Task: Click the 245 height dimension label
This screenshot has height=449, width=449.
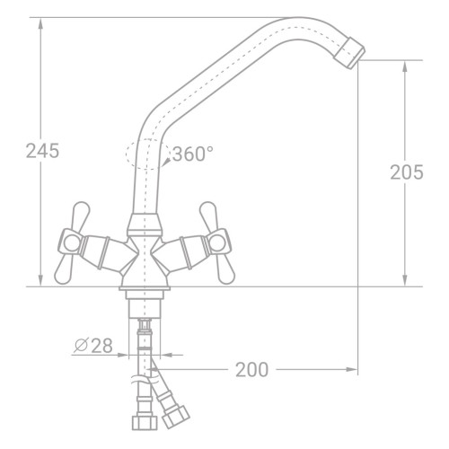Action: (x=42, y=151)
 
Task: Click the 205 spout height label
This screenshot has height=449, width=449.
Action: (x=407, y=172)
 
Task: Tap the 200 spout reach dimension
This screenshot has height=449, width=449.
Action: (x=251, y=370)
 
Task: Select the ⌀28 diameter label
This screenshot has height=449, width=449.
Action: (x=93, y=346)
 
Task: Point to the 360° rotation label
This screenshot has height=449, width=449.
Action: (x=193, y=154)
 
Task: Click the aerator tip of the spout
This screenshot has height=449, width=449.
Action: (x=349, y=53)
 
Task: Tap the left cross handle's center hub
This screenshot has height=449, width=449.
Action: (x=72, y=242)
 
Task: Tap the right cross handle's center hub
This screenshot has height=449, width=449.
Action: (x=217, y=242)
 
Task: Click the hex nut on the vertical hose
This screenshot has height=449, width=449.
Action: (x=145, y=422)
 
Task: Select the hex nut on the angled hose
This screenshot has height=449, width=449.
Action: (x=176, y=417)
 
